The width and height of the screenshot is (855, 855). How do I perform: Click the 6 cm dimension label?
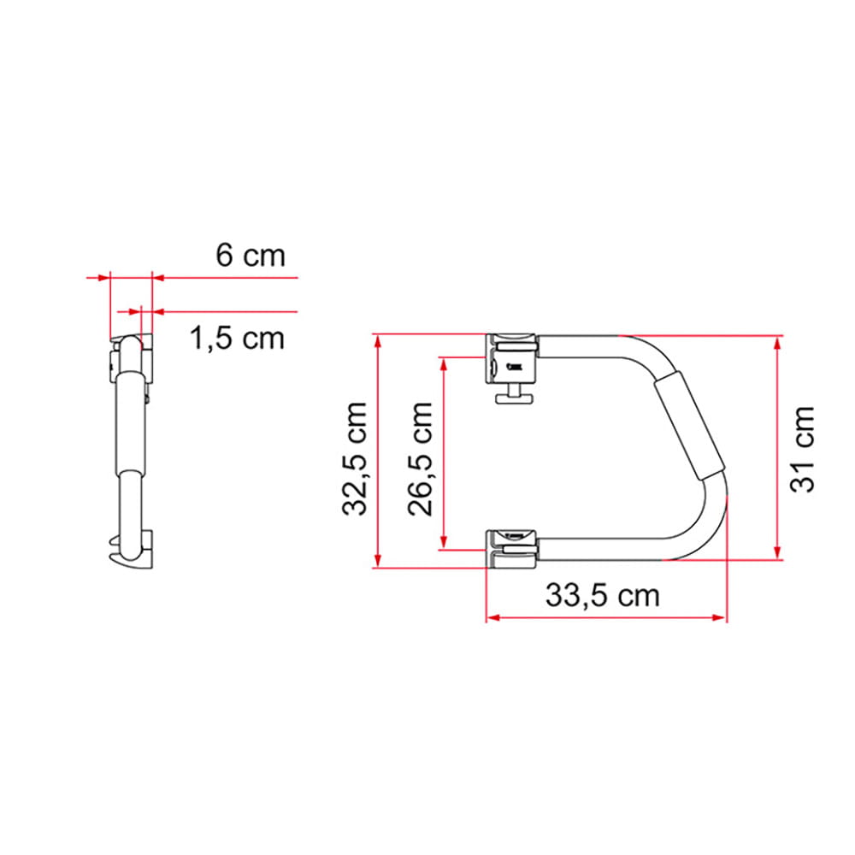point(250,255)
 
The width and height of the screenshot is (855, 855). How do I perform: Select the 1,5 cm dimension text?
point(236,339)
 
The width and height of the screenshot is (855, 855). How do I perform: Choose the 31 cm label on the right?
point(802,448)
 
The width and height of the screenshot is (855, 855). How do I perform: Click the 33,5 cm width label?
point(603,595)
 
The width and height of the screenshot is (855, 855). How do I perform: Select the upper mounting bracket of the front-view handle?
point(513,357)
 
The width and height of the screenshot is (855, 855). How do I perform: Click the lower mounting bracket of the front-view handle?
point(511,546)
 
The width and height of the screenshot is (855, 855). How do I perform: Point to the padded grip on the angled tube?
point(691,428)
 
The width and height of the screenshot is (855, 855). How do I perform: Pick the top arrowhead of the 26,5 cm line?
point(443,361)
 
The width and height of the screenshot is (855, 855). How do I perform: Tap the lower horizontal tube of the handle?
point(598,547)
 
